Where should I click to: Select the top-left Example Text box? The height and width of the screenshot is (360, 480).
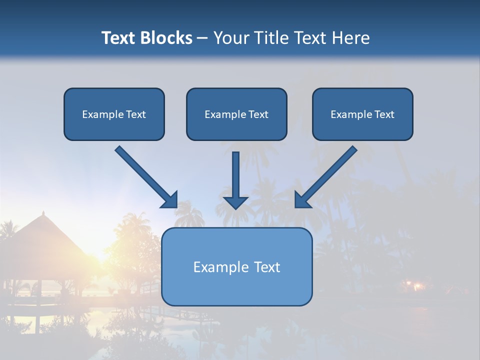(x=114, y=114)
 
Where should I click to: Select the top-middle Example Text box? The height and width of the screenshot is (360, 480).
(x=236, y=114)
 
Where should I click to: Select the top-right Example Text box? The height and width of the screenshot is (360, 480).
(x=362, y=114)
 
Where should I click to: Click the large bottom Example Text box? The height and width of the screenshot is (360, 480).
(x=237, y=266)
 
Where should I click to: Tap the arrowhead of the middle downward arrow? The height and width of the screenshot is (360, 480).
(x=236, y=202)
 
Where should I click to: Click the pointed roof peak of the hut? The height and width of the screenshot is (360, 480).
(x=43, y=213)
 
